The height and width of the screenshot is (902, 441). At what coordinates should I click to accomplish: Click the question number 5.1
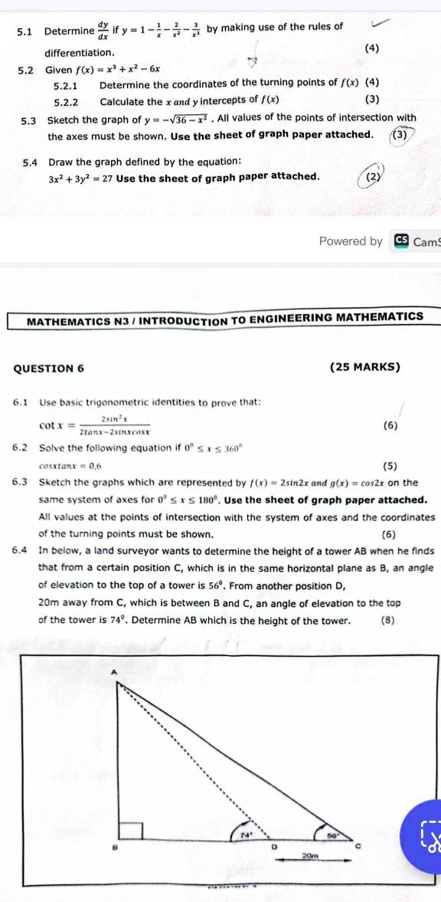pos(24,31)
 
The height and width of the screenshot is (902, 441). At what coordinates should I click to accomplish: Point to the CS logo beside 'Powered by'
pos(400,241)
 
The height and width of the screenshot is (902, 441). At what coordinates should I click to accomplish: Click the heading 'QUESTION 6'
pos(49,368)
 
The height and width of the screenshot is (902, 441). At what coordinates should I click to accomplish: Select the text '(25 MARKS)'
pos(365,367)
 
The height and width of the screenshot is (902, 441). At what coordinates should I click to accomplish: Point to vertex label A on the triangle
pos(116,671)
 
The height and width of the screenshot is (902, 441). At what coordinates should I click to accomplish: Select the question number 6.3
pos(21,482)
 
